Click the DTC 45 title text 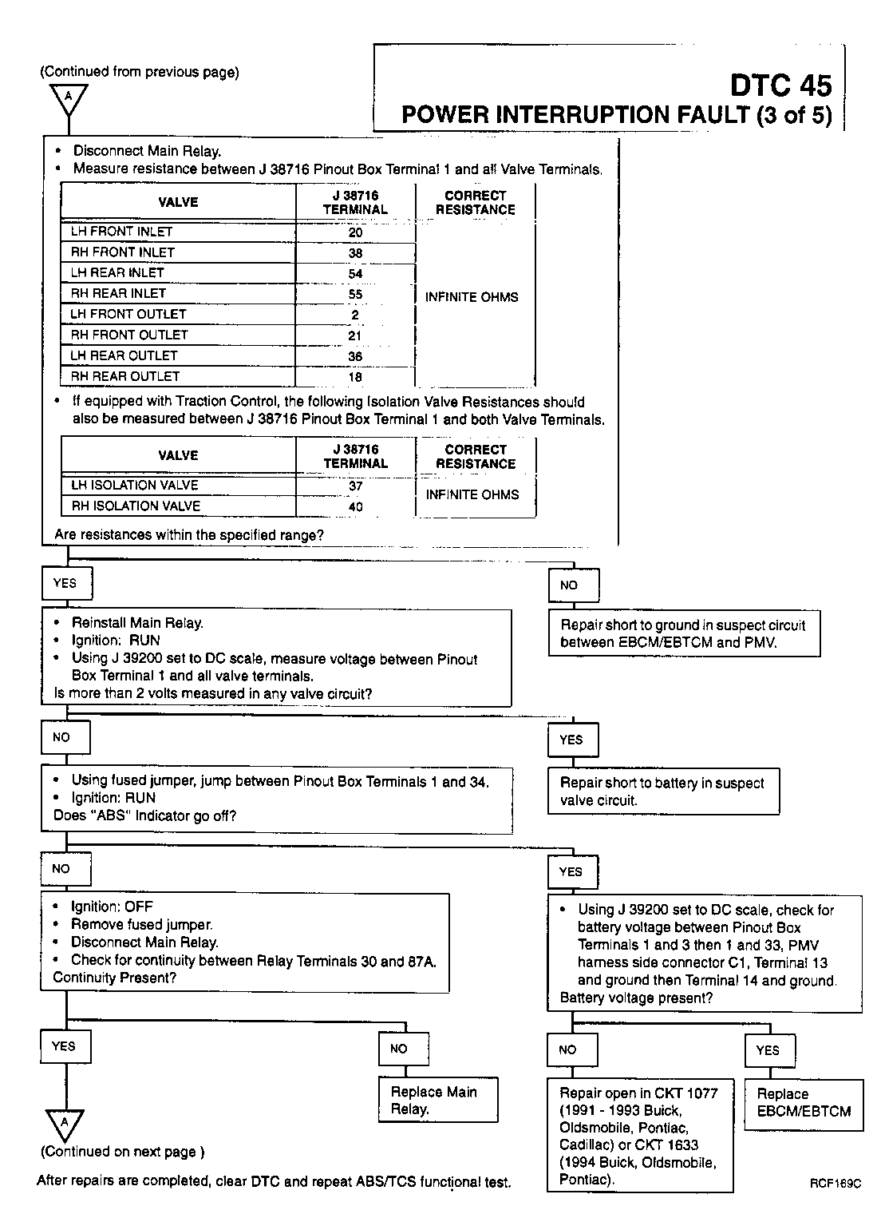coord(781,85)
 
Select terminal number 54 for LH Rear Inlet coord(355,273)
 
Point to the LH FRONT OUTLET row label coord(128,314)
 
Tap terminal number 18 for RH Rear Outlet coord(355,377)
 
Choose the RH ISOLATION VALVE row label coord(136,506)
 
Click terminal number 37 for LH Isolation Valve coord(356,486)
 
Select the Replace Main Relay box coord(438,1100)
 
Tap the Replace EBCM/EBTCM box coord(804,1103)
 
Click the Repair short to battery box coord(663,791)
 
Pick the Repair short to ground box coord(684,633)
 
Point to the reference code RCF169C coord(835,1184)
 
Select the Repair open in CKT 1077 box coord(639,1136)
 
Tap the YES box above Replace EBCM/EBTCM coord(768,1050)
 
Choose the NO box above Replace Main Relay coord(399,1049)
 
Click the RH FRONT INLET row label coord(123,252)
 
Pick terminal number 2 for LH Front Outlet coord(355,315)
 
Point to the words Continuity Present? coord(115,977)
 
